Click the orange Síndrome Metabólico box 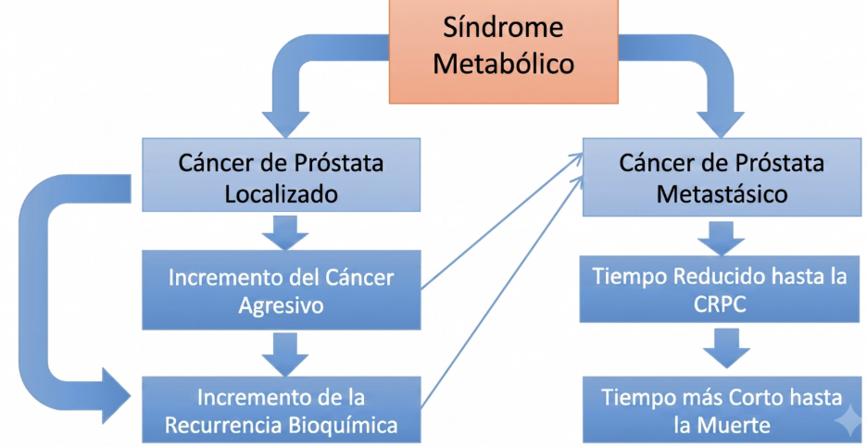(504, 51)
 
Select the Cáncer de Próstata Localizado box (281, 175)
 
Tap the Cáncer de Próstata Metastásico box (722, 177)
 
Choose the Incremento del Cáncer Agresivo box (281, 290)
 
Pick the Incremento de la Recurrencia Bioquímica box (281, 410)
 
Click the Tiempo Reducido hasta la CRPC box (721, 289)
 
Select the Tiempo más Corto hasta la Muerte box (721, 410)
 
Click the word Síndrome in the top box (503, 28)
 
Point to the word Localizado (281, 194)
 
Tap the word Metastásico (722, 194)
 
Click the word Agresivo (281, 305)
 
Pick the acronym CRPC (721, 304)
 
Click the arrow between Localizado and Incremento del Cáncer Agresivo (284, 232)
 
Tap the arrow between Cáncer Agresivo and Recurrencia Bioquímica (284, 354)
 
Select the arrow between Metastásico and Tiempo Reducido (722, 239)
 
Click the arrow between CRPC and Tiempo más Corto (726, 349)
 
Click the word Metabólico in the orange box (503, 64)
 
